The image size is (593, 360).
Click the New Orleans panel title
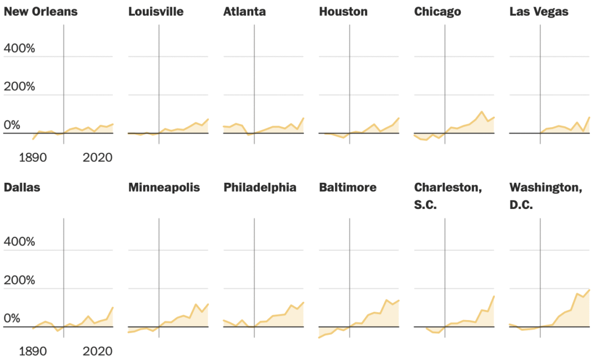tap(41, 12)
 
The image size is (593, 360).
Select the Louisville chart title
tap(155, 12)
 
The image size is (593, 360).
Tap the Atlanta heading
tap(244, 12)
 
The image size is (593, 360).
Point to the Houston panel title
tap(343, 12)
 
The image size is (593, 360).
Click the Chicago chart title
tap(438, 12)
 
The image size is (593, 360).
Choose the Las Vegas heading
tap(539, 12)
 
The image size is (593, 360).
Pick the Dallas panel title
tap(22, 188)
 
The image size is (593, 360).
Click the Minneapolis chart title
tap(164, 188)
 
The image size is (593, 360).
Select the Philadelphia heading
tap(260, 188)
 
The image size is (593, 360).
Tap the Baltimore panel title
tap(348, 188)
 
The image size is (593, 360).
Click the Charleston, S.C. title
tap(448, 196)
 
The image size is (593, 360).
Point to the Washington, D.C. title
tap(545, 196)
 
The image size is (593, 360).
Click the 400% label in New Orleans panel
tap(19, 49)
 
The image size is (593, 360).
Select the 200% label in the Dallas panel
tap(19, 281)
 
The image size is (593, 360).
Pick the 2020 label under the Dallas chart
tap(98, 352)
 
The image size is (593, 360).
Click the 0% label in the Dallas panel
tap(12, 319)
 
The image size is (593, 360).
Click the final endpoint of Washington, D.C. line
tap(589, 289)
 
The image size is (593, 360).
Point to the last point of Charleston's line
tap(494, 296)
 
